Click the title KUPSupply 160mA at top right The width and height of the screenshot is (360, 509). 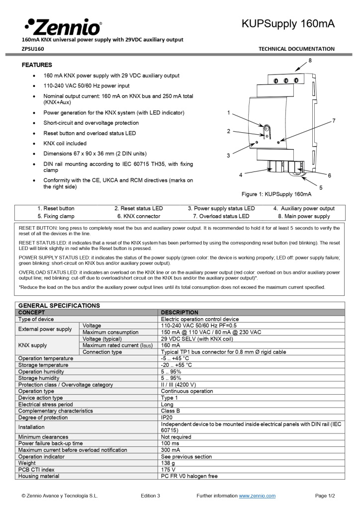tap(288, 24)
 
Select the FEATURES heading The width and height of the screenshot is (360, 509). tap(37, 65)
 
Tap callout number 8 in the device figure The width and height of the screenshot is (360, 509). tap(309, 60)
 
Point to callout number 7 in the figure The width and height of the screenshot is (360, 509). tap(334, 121)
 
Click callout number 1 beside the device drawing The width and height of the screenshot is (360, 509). tap(228, 113)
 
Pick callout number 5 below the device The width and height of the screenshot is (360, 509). tap(321, 187)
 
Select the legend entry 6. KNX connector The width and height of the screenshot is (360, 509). tap(139, 216)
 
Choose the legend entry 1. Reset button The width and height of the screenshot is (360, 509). tap(56, 208)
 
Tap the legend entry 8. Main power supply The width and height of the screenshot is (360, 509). tap(304, 216)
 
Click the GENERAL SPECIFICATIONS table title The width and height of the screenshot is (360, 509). tap(59, 306)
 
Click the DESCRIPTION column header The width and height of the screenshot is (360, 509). tap(180, 313)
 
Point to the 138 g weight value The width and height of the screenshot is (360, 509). tap(168, 463)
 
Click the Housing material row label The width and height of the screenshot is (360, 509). tap(39, 476)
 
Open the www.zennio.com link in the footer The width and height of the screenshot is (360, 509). tap(257, 496)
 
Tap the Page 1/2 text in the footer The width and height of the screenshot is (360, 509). tap(325, 496)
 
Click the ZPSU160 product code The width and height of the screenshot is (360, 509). tap(33, 49)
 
